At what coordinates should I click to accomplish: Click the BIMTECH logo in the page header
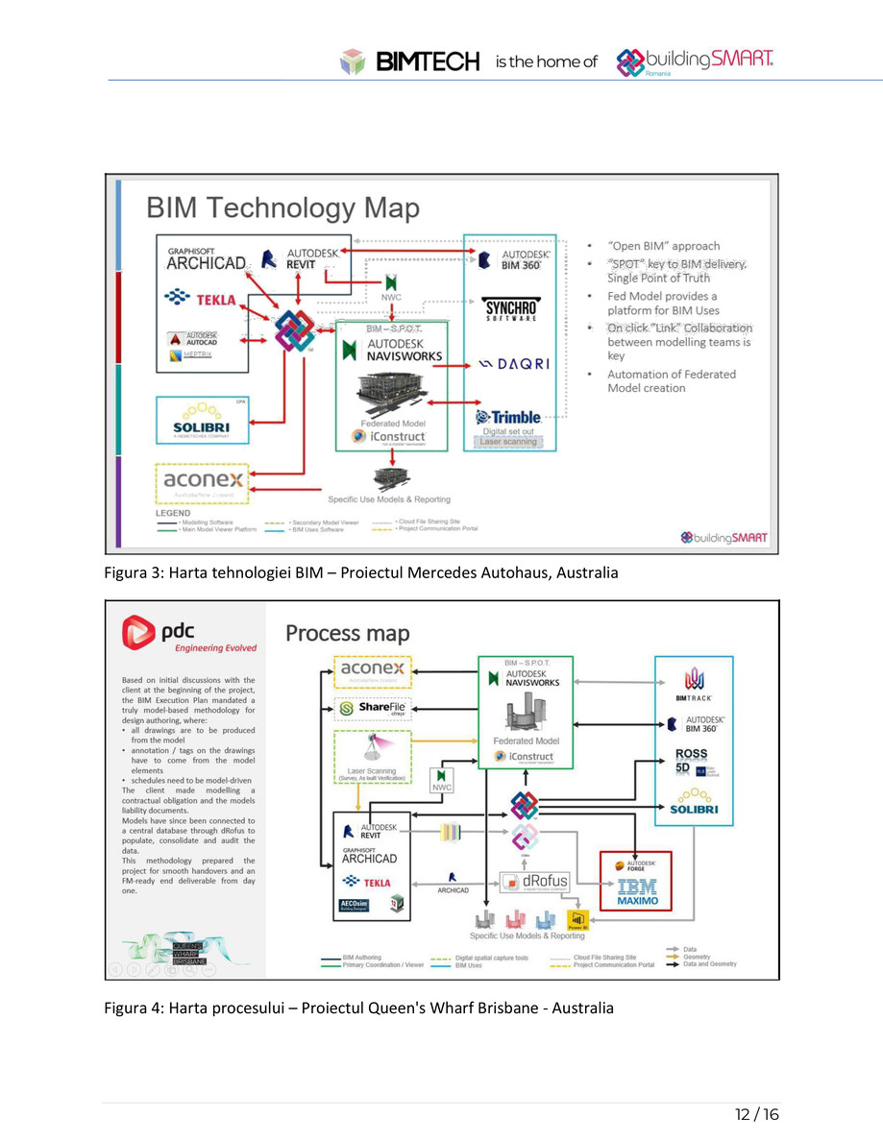(410, 62)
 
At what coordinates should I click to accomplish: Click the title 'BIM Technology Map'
(282, 208)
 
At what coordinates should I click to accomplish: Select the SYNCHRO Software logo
(509, 309)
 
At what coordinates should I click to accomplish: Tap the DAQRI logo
(513, 364)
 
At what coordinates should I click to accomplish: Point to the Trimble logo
(508, 417)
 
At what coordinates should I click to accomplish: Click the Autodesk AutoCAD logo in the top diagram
(195, 338)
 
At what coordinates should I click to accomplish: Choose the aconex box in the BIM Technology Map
(203, 478)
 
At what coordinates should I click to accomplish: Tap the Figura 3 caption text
(361, 573)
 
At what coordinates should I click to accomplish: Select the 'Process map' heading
(347, 634)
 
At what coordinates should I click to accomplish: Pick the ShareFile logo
(373, 709)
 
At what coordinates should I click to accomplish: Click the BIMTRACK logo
(694, 685)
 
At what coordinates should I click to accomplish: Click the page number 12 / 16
(756, 1114)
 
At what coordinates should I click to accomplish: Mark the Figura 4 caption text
(358, 1008)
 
